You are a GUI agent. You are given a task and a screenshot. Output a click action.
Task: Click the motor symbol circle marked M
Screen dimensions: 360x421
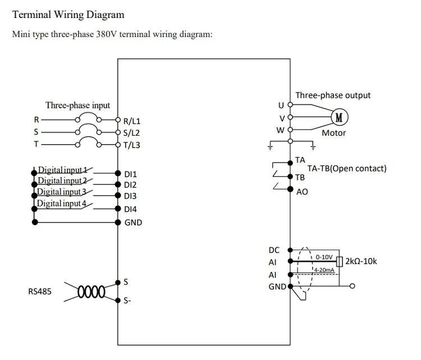[x=339, y=117]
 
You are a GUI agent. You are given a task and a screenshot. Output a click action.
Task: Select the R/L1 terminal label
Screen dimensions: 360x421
[x=132, y=121]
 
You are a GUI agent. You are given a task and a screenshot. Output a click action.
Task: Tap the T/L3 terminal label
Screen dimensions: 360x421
[x=132, y=145]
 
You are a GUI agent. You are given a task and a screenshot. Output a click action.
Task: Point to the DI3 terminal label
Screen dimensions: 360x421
[x=130, y=196]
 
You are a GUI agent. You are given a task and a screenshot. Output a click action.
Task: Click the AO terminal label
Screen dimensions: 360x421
[x=301, y=191]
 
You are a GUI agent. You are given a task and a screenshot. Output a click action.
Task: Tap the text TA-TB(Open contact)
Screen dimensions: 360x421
[x=346, y=168]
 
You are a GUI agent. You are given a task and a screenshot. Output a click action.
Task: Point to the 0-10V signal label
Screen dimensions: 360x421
[x=324, y=257]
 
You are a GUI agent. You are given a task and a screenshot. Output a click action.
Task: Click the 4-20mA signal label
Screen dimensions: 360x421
[x=324, y=270]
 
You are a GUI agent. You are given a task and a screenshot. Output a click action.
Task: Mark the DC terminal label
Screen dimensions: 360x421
[x=274, y=250]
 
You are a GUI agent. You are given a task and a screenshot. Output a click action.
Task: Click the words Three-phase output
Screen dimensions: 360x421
[x=333, y=95]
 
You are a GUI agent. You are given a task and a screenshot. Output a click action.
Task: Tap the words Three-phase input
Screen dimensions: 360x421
[x=77, y=105]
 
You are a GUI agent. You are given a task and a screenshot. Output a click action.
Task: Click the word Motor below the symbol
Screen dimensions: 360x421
[x=333, y=133]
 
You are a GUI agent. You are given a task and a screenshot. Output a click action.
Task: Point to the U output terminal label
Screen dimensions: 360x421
[x=281, y=105]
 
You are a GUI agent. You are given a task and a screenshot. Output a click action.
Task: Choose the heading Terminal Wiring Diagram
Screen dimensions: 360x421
[x=68, y=15]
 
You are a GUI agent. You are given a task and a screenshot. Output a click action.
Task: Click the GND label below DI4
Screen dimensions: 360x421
[x=133, y=222]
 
